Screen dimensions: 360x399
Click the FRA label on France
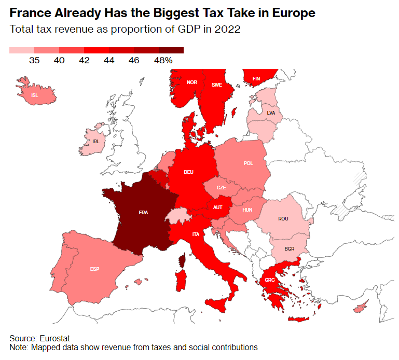(x=143, y=212)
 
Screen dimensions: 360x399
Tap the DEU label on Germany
(x=188, y=172)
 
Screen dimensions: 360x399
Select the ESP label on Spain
(x=94, y=269)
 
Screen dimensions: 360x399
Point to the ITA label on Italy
(x=196, y=234)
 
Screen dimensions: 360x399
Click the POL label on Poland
(x=248, y=163)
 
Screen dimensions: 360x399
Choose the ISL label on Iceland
(x=35, y=95)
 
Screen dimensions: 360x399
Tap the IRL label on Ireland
(x=95, y=141)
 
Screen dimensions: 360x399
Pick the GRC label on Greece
(x=270, y=280)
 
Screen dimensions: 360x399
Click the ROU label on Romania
(x=283, y=219)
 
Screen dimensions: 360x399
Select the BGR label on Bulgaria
(x=290, y=249)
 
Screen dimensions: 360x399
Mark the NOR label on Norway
(x=192, y=82)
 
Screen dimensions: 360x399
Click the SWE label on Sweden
(x=216, y=85)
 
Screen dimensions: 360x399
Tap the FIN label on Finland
(x=256, y=79)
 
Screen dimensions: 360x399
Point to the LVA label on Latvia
(x=271, y=113)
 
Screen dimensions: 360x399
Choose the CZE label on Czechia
(x=222, y=187)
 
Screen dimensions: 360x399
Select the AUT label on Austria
(x=218, y=207)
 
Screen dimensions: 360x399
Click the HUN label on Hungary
(x=247, y=210)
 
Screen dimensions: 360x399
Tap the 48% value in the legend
(x=163, y=60)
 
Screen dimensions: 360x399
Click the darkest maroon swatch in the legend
(x=171, y=50)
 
